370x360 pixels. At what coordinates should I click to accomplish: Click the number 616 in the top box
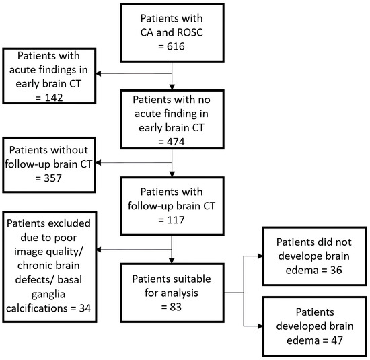pyautogui.click(x=176, y=46)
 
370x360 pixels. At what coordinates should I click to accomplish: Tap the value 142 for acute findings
pyautogui.click(x=54, y=98)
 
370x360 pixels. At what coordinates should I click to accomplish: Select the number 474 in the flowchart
pyautogui.click(x=176, y=141)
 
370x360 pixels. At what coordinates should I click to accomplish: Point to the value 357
pyautogui.click(x=53, y=178)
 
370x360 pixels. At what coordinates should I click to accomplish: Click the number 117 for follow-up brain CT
pyautogui.click(x=176, y=220)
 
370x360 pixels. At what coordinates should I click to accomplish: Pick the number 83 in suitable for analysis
pyautogui.click(x=176, y=307)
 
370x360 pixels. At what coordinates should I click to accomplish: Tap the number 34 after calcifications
pyautogui.click(x=85, y=308)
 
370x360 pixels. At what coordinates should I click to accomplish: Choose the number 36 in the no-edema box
pyautogui.click(x=336, y=270)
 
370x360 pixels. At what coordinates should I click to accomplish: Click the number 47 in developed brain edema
pyautogui.click(x=337, y=340)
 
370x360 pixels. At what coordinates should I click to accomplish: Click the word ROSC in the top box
pyautogui.click(x=190, y=32)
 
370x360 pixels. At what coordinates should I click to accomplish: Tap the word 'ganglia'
pyautogui.click(x=48, y=295)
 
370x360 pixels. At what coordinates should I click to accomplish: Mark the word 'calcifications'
pyautogui.click(x=37, y=308)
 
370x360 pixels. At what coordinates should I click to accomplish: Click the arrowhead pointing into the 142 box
pyautogui.click(x=98, y=73)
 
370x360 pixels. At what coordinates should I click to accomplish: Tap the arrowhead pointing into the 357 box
pyautogui.click(x=98, y=163)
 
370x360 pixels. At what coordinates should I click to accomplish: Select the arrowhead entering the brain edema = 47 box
pyautogui.click(x=260, y=326)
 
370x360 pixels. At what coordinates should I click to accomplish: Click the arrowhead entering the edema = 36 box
pyautogui.click(x=260, y=256)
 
